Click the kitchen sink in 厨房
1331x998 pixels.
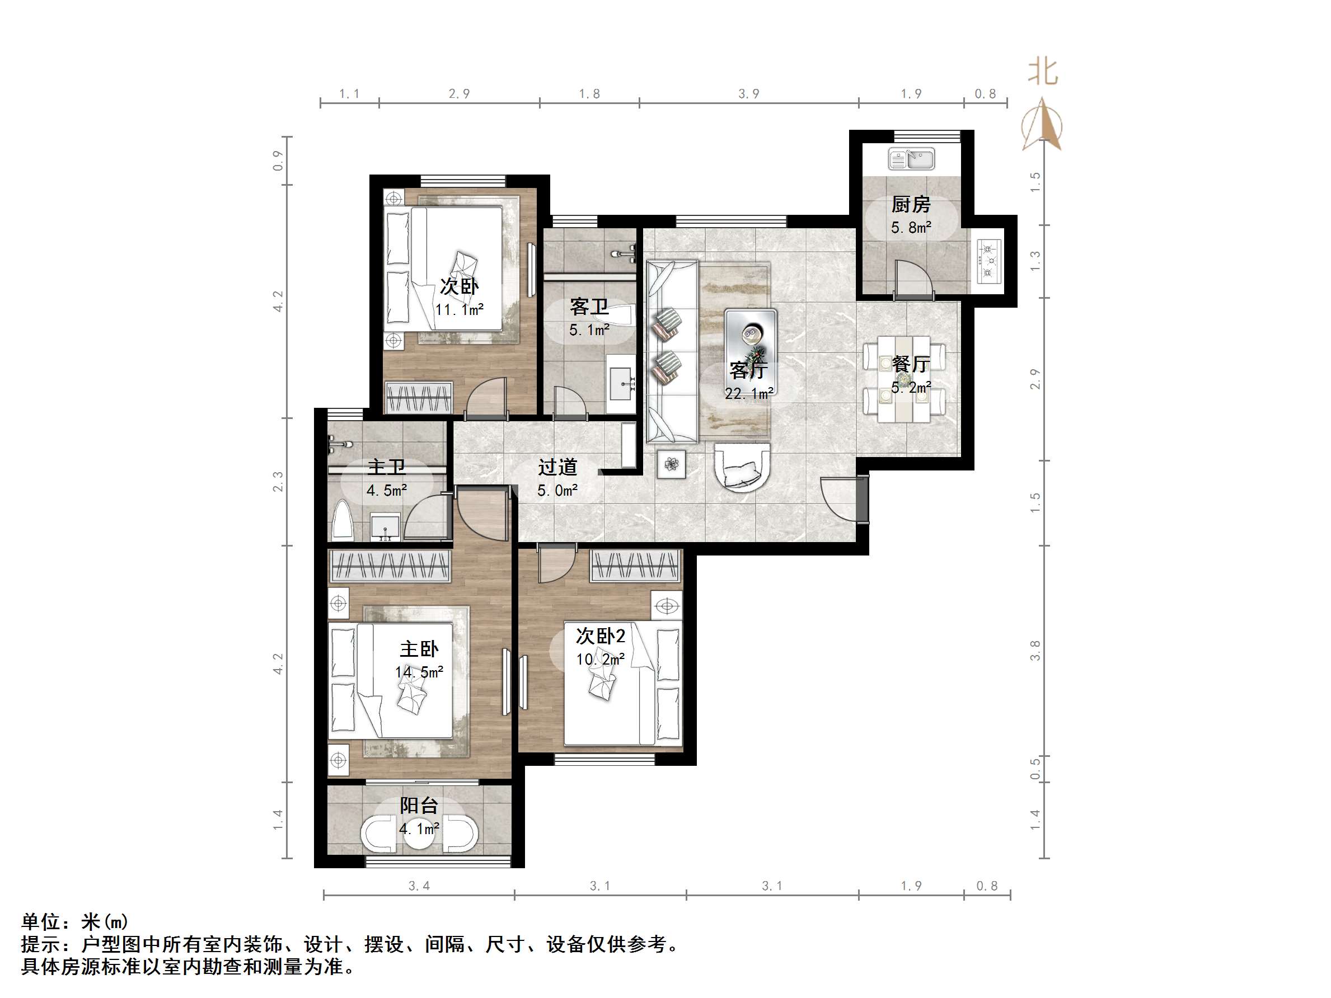911,159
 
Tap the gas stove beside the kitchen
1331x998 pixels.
988,261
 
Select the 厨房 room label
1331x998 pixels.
911,205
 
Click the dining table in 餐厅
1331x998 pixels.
904,378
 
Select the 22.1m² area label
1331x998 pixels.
748,394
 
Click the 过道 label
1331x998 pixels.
557,467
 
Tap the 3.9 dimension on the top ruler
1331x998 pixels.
748,94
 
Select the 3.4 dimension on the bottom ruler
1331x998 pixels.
419,886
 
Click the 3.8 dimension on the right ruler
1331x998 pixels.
1034,650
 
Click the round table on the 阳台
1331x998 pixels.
419,834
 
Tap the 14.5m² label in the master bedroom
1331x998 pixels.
419,672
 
